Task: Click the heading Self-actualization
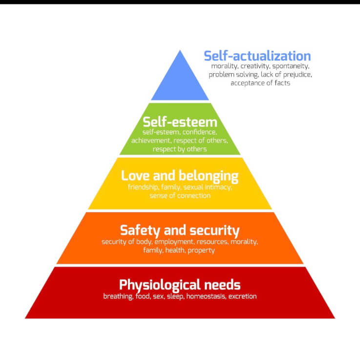click(x=257, y=56)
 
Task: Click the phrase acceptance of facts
click(x=260, y=83)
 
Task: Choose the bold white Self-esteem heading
click(x=180, y=121)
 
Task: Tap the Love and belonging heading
click(x=180, y=176)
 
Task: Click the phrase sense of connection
click(x=180, y=195)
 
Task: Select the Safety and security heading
click(x=180, y=230)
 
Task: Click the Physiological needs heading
click(x=180, y=284)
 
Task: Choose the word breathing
click(x=117, y=296)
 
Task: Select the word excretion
click(x=241, y=296)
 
